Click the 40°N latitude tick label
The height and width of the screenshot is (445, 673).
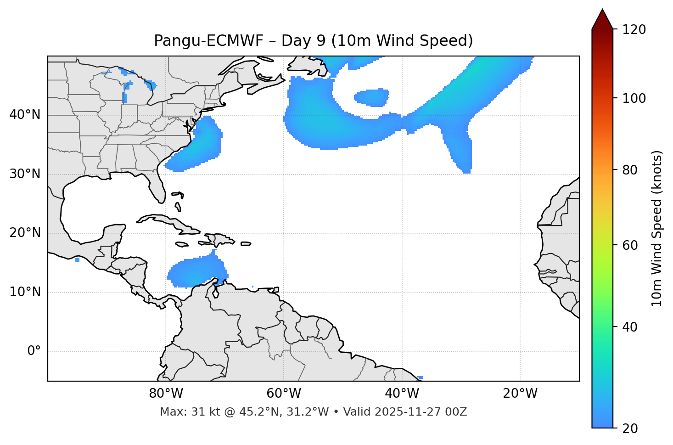tap(25, 115)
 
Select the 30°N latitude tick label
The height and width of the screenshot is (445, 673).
tap(25, 174)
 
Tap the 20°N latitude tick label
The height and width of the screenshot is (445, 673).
tap(25, 233)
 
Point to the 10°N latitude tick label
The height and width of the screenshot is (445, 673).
tap(25, 292)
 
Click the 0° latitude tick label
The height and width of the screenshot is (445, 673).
tap(34, 351)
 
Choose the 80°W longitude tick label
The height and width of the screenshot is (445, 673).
tap(166, 394)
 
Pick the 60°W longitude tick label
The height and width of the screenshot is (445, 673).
tap(284, 394)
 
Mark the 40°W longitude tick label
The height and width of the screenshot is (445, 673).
tap(402, 394)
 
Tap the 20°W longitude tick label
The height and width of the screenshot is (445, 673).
tap(520, 394)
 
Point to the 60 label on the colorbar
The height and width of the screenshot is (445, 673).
tap(629, 245)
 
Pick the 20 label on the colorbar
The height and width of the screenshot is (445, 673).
tap(629, 428)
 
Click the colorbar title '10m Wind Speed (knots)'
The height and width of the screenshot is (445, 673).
tap(657, 228)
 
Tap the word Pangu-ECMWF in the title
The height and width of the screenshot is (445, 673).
tap(208, 41)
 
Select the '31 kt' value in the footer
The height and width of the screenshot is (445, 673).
tap(198, 412)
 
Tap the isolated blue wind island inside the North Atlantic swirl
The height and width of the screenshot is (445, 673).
tap(372, 97)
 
